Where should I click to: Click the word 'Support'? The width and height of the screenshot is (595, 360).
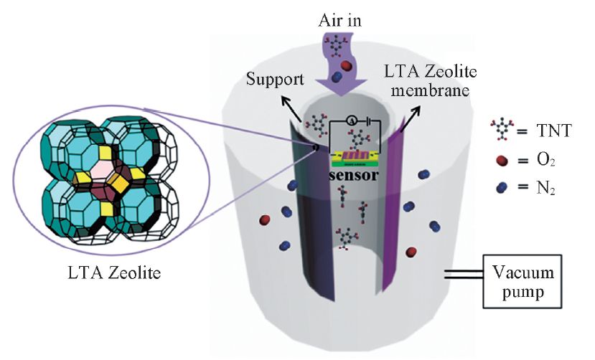(273, 77)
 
